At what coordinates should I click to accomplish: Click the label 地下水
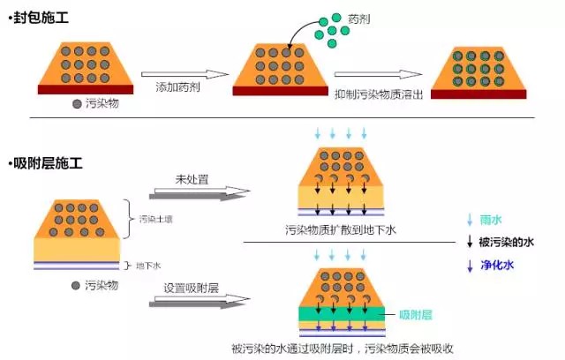coord(147,265)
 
